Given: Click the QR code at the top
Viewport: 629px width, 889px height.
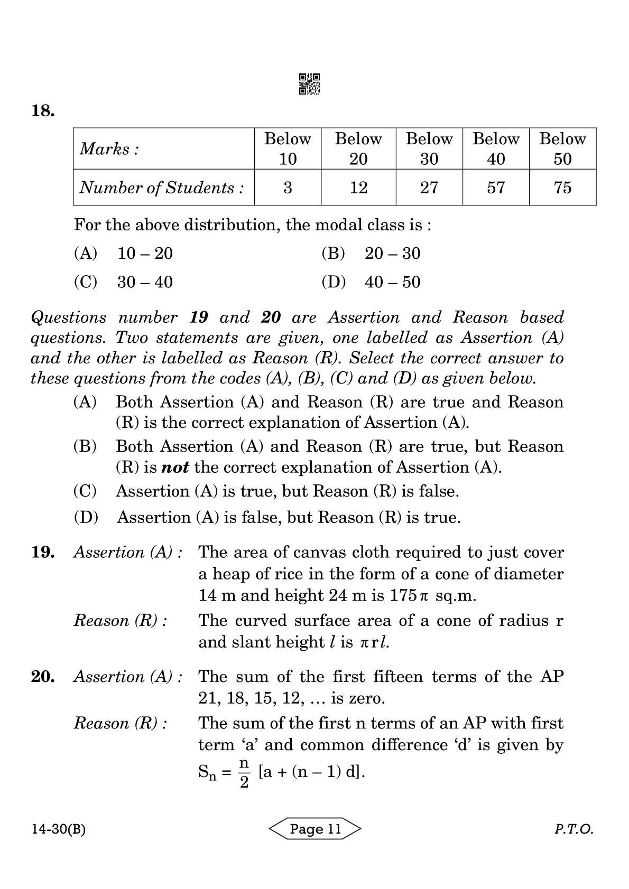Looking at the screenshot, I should (x=309, y=84).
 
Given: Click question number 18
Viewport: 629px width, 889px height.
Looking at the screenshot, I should (x=42, y=111).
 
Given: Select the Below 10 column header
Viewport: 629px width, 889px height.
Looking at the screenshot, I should (x=288, y=148).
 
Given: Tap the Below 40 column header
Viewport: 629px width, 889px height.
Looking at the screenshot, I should (x=496, y=148).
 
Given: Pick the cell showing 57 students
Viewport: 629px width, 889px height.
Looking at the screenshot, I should (x=496, y=188).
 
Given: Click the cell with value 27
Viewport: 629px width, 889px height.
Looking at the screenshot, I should (x=429, y=188).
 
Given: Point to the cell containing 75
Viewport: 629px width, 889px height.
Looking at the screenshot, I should (x=562, y=188).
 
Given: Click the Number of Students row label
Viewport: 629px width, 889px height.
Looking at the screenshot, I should (x=162, y=188).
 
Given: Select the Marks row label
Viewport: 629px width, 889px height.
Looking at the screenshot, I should (x=109, y=149).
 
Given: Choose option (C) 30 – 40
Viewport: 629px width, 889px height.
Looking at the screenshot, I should (x=123, y=282).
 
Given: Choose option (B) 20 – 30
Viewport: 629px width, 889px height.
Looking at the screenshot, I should (x=371, y=254).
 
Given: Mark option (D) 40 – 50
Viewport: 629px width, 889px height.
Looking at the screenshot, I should (x=371, y=282).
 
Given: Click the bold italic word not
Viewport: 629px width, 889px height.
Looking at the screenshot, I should (x=174, y=467).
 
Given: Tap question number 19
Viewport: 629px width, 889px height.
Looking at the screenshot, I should (x=43, y=553).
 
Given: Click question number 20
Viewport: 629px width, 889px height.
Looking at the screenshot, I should (x=43, y=677).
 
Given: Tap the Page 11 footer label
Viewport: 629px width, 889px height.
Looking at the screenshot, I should (x=316, y=829).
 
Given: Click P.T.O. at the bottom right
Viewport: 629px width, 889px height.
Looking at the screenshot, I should (x=573, y=829).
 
